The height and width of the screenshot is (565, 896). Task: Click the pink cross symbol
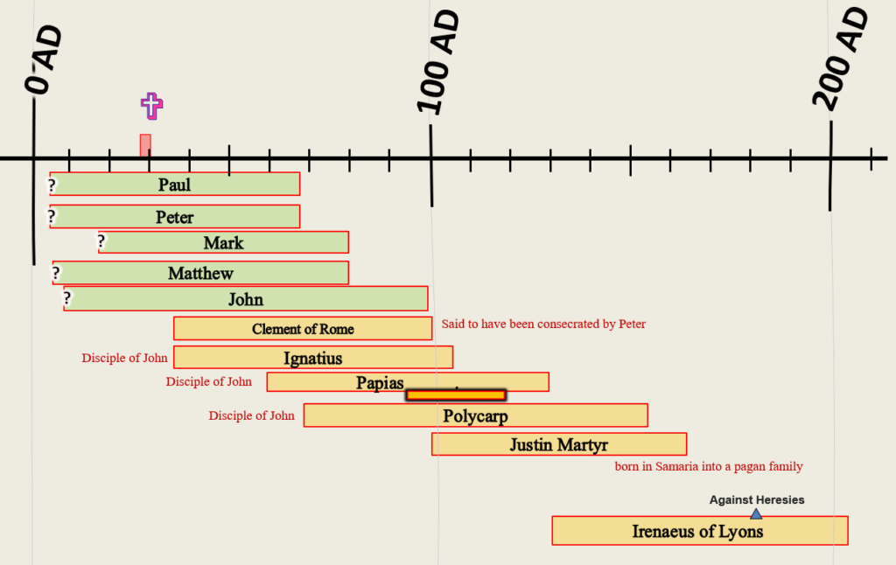[151, 106]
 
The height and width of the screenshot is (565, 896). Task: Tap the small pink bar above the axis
[146, 145]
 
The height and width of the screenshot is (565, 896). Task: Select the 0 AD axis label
[43, 59]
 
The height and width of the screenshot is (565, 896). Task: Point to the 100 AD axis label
[437, 62]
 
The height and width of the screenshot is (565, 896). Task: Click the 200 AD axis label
[840, 59]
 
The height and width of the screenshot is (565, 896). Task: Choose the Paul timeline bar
[175, 184]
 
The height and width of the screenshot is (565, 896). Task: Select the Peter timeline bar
[175, 217]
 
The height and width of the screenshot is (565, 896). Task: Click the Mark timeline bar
[223, 242]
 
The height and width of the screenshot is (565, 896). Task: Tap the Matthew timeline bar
[200, 273]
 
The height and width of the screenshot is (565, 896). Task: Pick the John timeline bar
[246, 299]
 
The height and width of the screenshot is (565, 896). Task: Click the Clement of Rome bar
[303, 329]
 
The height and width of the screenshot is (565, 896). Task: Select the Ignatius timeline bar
[313, 357]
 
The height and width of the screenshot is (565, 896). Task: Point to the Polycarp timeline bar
[475, 415]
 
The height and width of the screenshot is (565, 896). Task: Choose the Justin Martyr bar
[559, 444]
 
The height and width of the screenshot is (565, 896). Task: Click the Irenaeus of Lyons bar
[700, 531]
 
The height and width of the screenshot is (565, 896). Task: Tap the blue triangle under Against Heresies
[756, 514]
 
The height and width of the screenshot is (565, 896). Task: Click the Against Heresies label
[757, 500]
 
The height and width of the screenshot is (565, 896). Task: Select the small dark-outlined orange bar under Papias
[456, 394]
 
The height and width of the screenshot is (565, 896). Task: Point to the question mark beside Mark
[101, 241]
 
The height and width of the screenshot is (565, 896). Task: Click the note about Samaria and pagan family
[709, 466]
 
